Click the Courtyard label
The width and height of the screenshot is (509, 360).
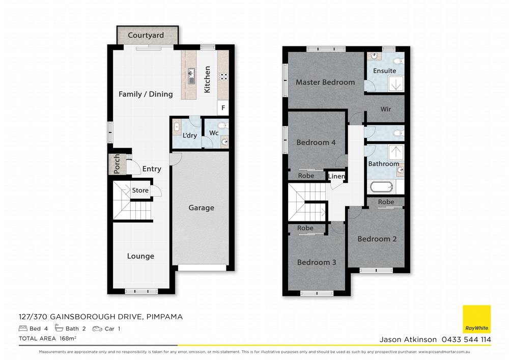[x=146, y=35]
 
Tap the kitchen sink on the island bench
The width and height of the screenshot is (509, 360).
[x=191, y=76]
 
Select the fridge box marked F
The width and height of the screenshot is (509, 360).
[x=223, y=108]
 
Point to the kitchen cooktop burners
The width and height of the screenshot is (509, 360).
[x=223, y=77]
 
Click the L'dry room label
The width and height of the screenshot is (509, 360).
[x=189, y=136]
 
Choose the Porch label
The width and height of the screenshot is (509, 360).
[x=117, y=164]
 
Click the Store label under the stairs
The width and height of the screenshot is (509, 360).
[x=140, y=190]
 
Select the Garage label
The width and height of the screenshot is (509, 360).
[x=201, y=208]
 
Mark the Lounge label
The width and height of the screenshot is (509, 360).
[x=140, y=256]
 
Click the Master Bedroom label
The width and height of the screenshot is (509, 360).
[x=325, y=82]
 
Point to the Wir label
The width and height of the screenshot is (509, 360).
[x=386, y=109]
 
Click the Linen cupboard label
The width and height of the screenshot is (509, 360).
[x=336, y=177]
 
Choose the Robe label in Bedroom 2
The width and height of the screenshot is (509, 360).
[x=386, y=202]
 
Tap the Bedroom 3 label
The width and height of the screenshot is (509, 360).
[x=317, y=262]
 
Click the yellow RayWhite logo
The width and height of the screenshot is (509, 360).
[x=476, y=319]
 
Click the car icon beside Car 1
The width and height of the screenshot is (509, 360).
[x=97, y=329]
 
